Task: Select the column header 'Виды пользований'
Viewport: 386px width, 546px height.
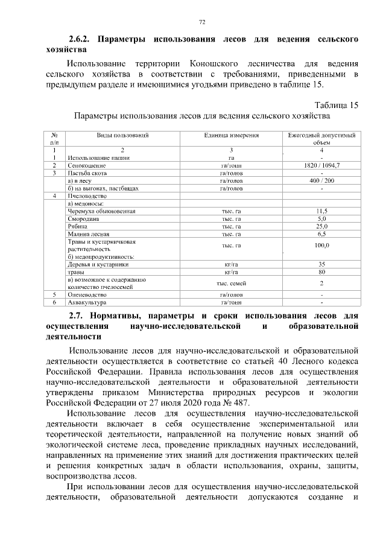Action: pos(122,136)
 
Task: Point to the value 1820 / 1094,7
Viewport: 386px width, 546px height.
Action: pos(321,165)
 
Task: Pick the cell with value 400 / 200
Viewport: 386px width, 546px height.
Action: pos(321,180)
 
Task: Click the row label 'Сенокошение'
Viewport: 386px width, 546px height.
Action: pos(87,165)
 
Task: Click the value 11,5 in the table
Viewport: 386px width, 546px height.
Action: pos(321,211)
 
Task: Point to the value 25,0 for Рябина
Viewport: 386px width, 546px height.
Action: pos(321,226)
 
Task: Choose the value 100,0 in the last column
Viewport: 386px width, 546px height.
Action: pos(321,245)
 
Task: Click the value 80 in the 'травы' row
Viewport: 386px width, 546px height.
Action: pos(321,272)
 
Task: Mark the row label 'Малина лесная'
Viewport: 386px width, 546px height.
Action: pos(88,234)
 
